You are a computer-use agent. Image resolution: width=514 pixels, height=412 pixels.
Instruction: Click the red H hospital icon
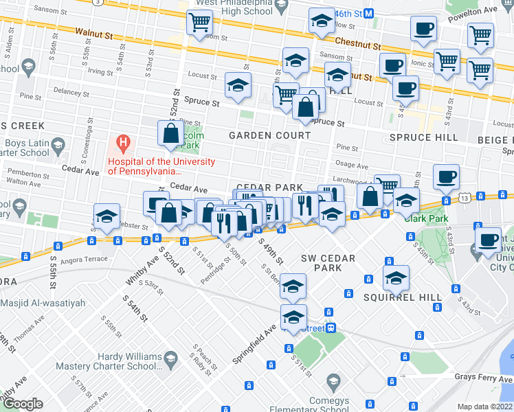(x=123, y=145)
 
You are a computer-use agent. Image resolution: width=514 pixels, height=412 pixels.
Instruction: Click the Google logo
(x=23, y=403)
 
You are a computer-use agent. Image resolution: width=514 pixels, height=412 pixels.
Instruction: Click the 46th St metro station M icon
(x=368, y=13)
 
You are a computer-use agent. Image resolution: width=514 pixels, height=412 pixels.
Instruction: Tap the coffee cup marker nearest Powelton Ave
(x=423, y=29)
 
